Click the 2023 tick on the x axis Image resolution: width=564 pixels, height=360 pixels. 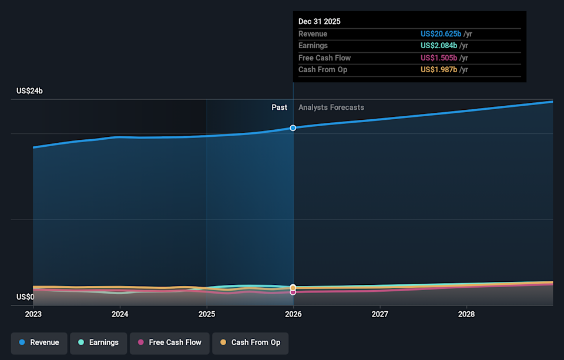[33, 314]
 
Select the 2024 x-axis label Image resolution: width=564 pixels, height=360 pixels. [120, 314]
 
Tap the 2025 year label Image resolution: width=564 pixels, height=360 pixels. [206, 314]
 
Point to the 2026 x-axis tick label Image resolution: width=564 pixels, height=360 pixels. [293, 314]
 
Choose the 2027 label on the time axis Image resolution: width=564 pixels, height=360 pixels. [380, 314]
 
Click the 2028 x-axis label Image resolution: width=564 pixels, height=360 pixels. [466, 314]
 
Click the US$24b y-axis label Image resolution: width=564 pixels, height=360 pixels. [29, 91]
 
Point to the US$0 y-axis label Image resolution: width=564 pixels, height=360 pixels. [25, 297]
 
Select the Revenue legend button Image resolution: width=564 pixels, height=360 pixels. [39, 342]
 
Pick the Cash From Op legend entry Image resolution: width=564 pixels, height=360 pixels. [250, 342]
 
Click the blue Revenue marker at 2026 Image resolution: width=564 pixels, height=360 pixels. [293, 127]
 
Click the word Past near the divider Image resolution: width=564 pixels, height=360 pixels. [279, 107]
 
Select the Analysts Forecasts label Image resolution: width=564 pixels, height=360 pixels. [331, 107]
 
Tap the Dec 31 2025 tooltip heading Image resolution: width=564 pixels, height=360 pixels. [319, 21]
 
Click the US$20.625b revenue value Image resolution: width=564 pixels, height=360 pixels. [441, 34]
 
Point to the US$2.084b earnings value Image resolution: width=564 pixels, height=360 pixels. [438, 46]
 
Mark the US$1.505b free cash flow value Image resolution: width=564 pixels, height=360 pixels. [438, 58]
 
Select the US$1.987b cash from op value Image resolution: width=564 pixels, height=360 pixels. [438, 70]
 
